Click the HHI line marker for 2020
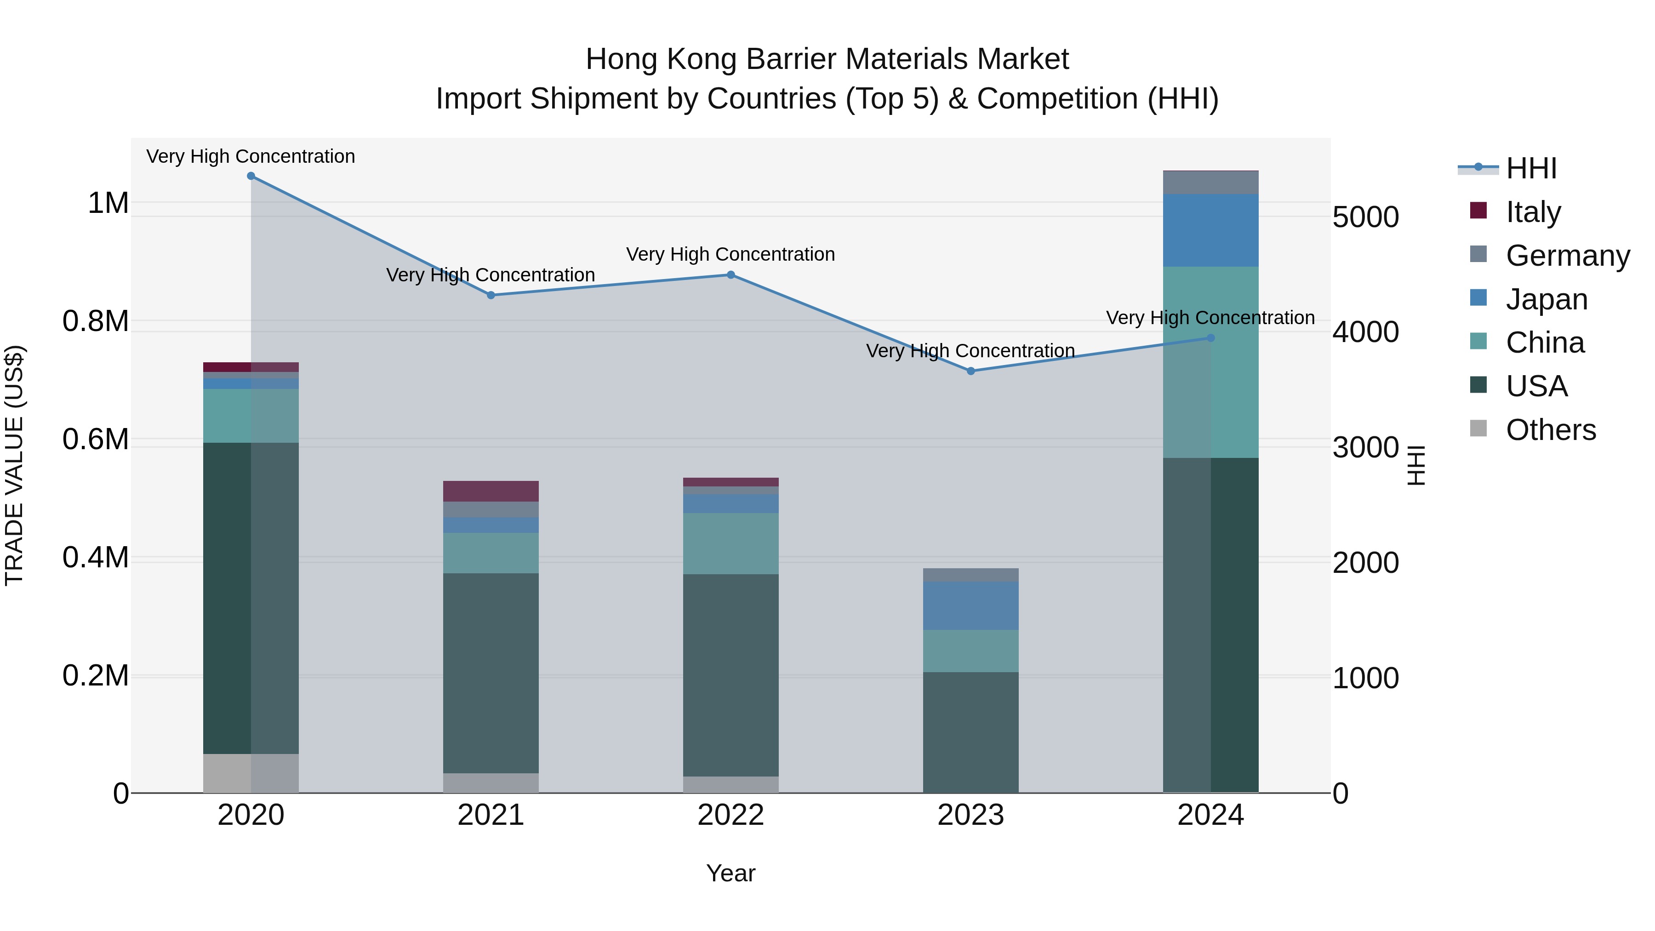coord(251,176)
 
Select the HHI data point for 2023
coord(971,371)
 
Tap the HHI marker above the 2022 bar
coord(730,275)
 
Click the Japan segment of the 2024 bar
coord(1210,230)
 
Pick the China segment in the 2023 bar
coord(971,651)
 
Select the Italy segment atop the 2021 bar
coord(491,491)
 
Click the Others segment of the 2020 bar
coord(251,774)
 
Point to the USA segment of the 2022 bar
coord(730,674)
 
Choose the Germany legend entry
coord(1568,256)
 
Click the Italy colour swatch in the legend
coord(1478,211)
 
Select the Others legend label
coord(1551,430)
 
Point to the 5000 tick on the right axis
coord(1365,217)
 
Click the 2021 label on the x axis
coord(491,815)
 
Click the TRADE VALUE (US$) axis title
coord(14,465)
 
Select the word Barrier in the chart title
coord(792,59)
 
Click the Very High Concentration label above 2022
coord(730,254)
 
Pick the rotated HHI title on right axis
coord(1415,465)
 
